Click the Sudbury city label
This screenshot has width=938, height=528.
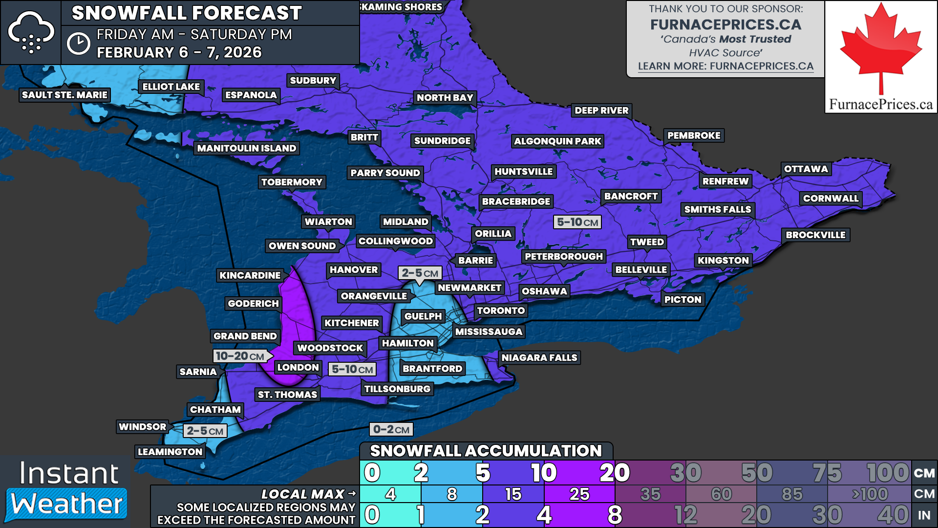point(313,81)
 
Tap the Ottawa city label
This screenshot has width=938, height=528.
point(806,169)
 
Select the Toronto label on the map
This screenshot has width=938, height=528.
point(501,310)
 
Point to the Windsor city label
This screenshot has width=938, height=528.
point(142,427)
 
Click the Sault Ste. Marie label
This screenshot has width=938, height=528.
point(64,95)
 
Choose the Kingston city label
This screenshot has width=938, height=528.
point(723,261)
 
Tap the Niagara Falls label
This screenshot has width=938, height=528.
point(539,358)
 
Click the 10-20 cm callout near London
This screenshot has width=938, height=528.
point(240,356)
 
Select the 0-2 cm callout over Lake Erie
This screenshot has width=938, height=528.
point(391,430)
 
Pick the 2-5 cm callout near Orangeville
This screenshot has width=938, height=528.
point(420,273)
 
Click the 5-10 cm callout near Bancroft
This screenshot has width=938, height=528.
point(577,222)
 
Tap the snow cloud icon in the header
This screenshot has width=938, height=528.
point(31,32)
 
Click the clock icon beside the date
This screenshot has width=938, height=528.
point(78,44)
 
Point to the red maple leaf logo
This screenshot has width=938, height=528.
point(880,49)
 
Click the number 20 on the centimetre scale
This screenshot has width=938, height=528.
point(614,473)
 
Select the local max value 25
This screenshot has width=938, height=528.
point(579,494)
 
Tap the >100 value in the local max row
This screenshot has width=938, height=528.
point(870,494)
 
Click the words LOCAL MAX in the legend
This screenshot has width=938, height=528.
point(303,494)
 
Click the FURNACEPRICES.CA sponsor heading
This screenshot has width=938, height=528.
point(725,24)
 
